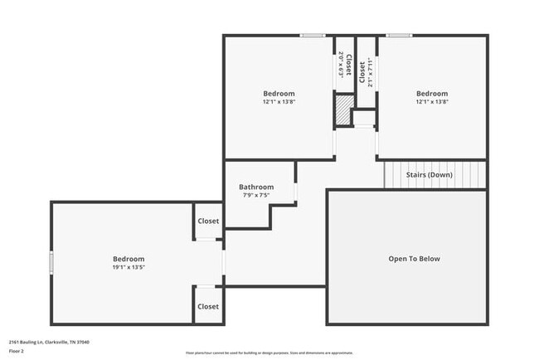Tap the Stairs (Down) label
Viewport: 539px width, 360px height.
(x=429, y=175)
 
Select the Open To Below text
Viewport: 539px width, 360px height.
(x=414, y=259)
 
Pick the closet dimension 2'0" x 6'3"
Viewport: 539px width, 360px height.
(x=341, y=65)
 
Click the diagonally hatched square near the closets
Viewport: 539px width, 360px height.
(x=342, y=109)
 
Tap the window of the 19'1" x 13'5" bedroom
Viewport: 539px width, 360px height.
(x=51, y=262)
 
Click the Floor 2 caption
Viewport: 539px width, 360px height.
(x=17, y=351)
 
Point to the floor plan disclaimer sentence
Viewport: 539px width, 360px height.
(x=269, y=352)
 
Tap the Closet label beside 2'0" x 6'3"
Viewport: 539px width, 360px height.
(x=349, y=66)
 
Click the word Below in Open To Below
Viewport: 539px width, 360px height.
(x=427, y=259)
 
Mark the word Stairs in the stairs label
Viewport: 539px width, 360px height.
(x=415, y=175)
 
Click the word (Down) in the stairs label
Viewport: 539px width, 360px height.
(x=440, y=175)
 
